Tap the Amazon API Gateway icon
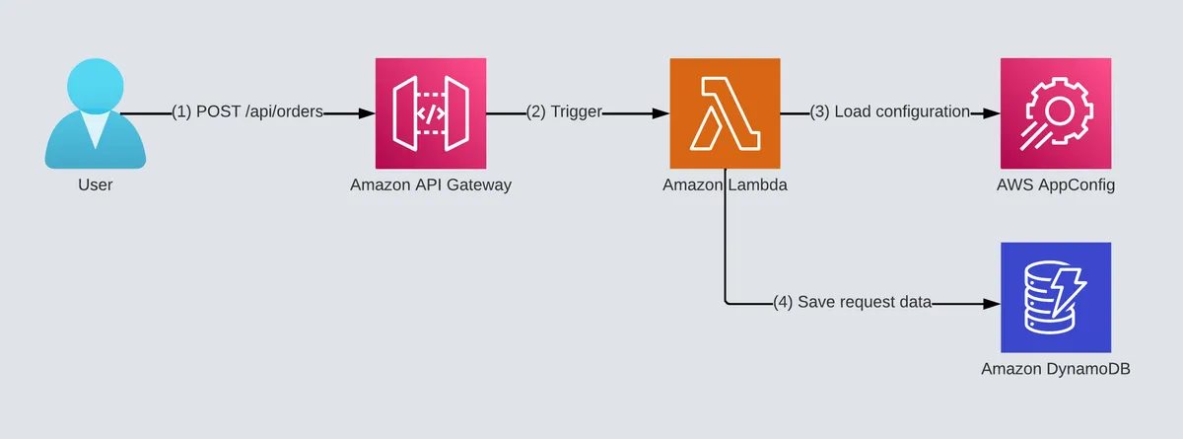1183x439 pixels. tap(431, 113)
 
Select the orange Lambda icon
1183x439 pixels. tap(725, 113)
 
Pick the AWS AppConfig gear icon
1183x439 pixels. tap(1056, 113)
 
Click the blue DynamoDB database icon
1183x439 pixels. tap(1056, 297)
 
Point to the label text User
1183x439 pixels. tap(95, 184)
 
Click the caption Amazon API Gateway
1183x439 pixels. tap(431, 184)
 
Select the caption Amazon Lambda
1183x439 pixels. tap(725, 184)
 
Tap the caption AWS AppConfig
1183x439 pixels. tap(1056, 184)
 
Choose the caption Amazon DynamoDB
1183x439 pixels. tap(1056, 369)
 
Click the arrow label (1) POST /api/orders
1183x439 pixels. tap(247, 112)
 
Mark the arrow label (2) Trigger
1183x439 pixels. tap(564, 112)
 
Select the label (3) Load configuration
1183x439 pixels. tap(890, 112)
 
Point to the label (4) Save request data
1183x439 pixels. tap(853, 302)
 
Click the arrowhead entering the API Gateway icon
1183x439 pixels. tap(367, 113)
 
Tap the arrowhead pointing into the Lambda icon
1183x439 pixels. tap(661, 113)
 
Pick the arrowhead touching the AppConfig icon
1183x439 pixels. tap(992, 113)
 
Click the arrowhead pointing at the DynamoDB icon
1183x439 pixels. tap(992, 303)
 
